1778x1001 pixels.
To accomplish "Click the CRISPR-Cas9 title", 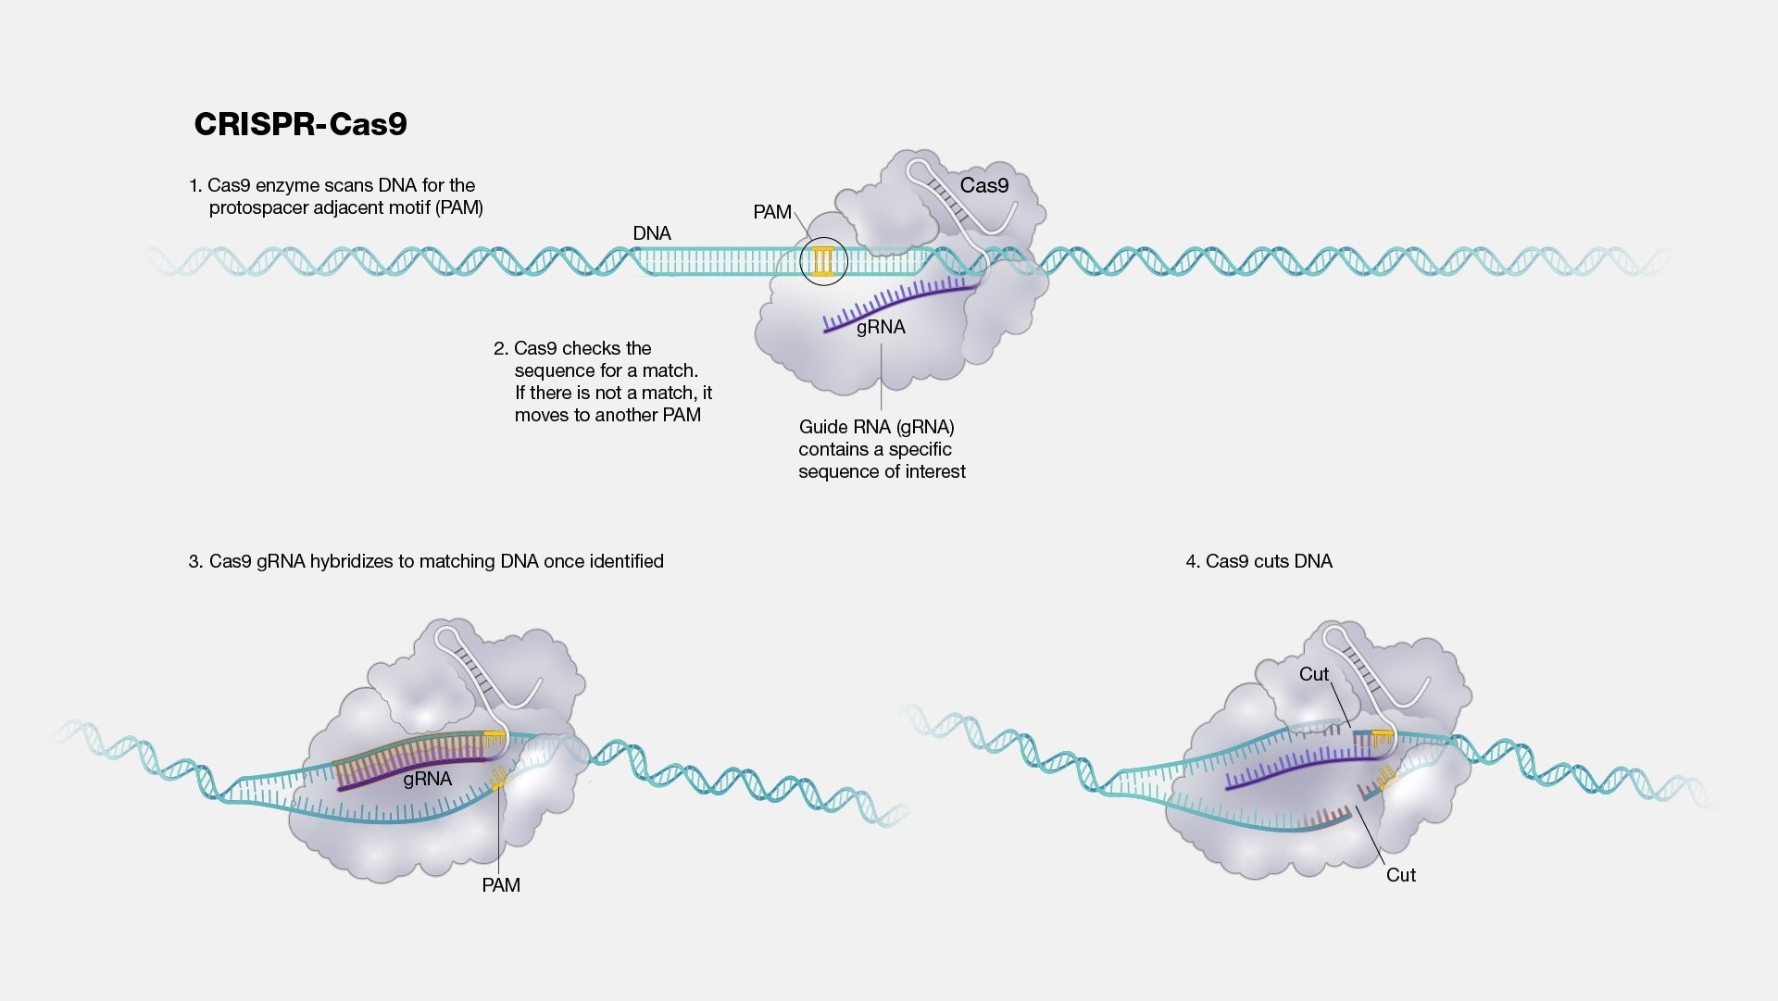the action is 300,124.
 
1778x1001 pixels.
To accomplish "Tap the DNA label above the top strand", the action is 652,233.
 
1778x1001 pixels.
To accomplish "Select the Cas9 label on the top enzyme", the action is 984,185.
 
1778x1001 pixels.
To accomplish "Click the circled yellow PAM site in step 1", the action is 823,262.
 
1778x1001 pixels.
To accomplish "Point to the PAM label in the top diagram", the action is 772,212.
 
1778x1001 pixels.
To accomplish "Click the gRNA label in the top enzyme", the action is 881,327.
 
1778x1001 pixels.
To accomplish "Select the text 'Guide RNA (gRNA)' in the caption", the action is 877,427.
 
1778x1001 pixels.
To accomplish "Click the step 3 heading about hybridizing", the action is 426,561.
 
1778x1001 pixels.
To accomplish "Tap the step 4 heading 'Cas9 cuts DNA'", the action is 1259,561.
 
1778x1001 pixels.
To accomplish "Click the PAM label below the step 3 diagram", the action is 501,885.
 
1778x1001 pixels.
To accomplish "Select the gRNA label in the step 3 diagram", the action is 428,779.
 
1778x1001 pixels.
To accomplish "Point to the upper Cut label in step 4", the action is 1314,674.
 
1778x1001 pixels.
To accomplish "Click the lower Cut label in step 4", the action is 1401,875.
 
